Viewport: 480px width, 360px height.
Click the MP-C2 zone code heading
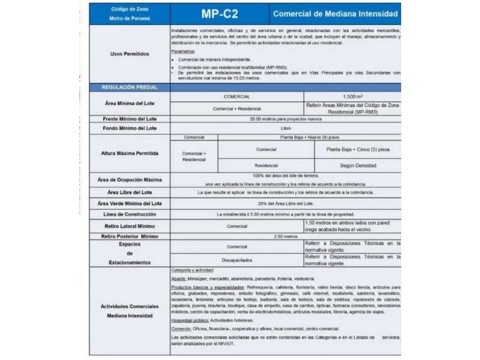pos(219,14)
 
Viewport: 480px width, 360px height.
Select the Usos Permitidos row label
pos(129,54)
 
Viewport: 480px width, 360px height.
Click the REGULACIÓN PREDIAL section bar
pos(129,87)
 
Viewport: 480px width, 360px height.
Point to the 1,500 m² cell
pos(352,97)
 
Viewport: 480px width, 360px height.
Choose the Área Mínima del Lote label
pos(129,102)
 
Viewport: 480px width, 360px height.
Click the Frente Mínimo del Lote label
pos(129,118)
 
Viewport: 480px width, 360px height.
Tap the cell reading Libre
pos(286,128)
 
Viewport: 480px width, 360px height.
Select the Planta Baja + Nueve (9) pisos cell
pos(310,137)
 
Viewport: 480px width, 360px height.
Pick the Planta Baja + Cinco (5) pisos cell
pos(358,149)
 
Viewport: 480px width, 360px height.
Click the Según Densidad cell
pos(358,165)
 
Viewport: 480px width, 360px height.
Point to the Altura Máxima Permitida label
pos(129,153)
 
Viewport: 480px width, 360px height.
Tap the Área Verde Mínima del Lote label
pos(129,203)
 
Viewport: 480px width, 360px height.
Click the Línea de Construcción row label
pos(129,214)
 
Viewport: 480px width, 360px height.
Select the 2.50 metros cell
pos(286,235)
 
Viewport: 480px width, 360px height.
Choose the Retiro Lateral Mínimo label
pos(129,225)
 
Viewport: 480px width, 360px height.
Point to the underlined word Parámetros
pos(183,51)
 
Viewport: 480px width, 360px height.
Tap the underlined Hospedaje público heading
pos(186,321)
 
